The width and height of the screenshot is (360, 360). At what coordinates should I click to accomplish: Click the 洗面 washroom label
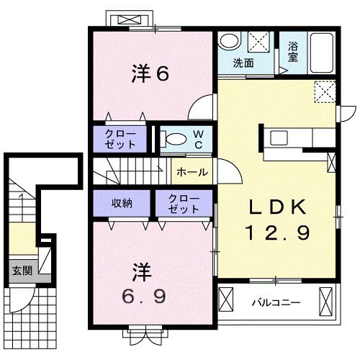(x=243, y=63)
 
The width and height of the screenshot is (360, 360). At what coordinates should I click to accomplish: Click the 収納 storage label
(x=121, y=202)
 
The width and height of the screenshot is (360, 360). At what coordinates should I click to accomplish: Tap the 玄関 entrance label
(x=21, y=271)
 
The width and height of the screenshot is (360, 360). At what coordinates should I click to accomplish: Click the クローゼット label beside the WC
(x=120, y=138)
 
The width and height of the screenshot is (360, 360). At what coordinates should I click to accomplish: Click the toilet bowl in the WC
(x=172, y=140)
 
